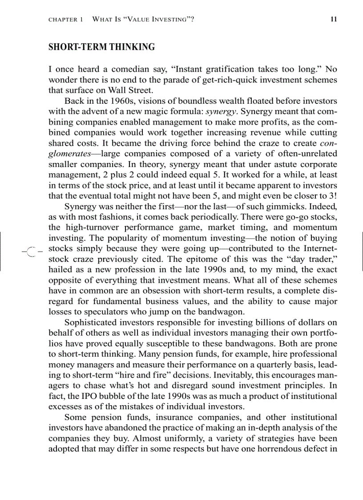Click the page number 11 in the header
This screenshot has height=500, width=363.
(x=334, y=19)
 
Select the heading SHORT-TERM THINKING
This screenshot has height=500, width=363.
(x=101, y=47)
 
